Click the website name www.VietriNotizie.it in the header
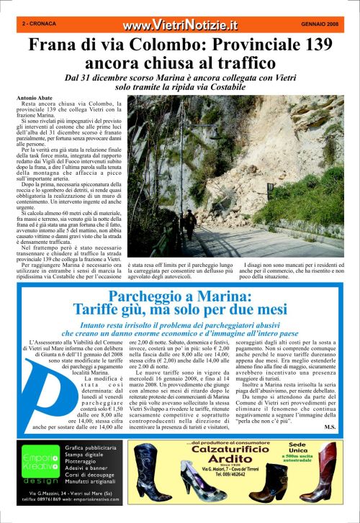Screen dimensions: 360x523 180,25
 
